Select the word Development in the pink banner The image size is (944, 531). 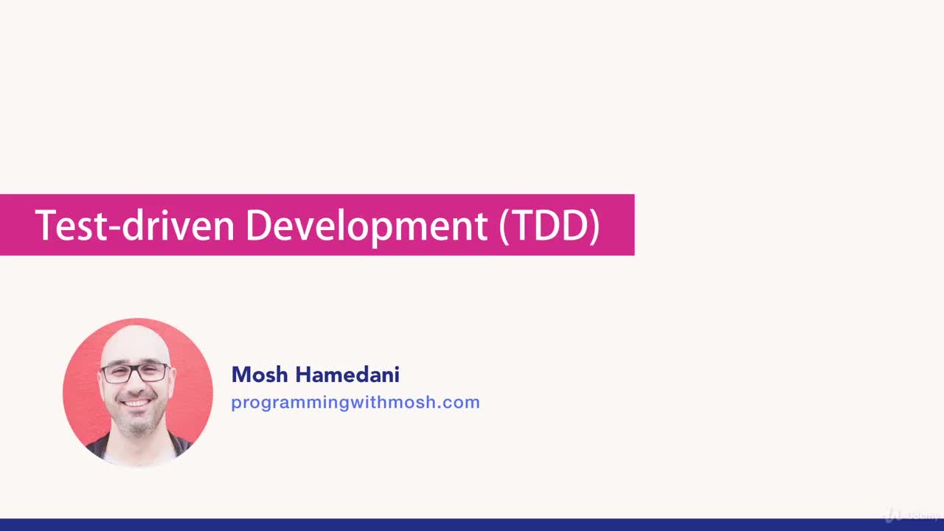(x=366, y=226)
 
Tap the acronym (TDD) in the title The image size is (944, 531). (x=549, y=226)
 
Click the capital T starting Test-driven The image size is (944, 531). (x=45, y=225)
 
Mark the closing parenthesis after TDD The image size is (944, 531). (x=594, y=226)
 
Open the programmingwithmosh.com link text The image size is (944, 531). (x=355, y=403)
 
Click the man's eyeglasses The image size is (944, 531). (x=135, y=372)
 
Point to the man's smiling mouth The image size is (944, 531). (x=136, y=403)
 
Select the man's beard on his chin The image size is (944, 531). (x=137, y=422)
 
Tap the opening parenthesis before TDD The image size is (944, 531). (x=504, y=226)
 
